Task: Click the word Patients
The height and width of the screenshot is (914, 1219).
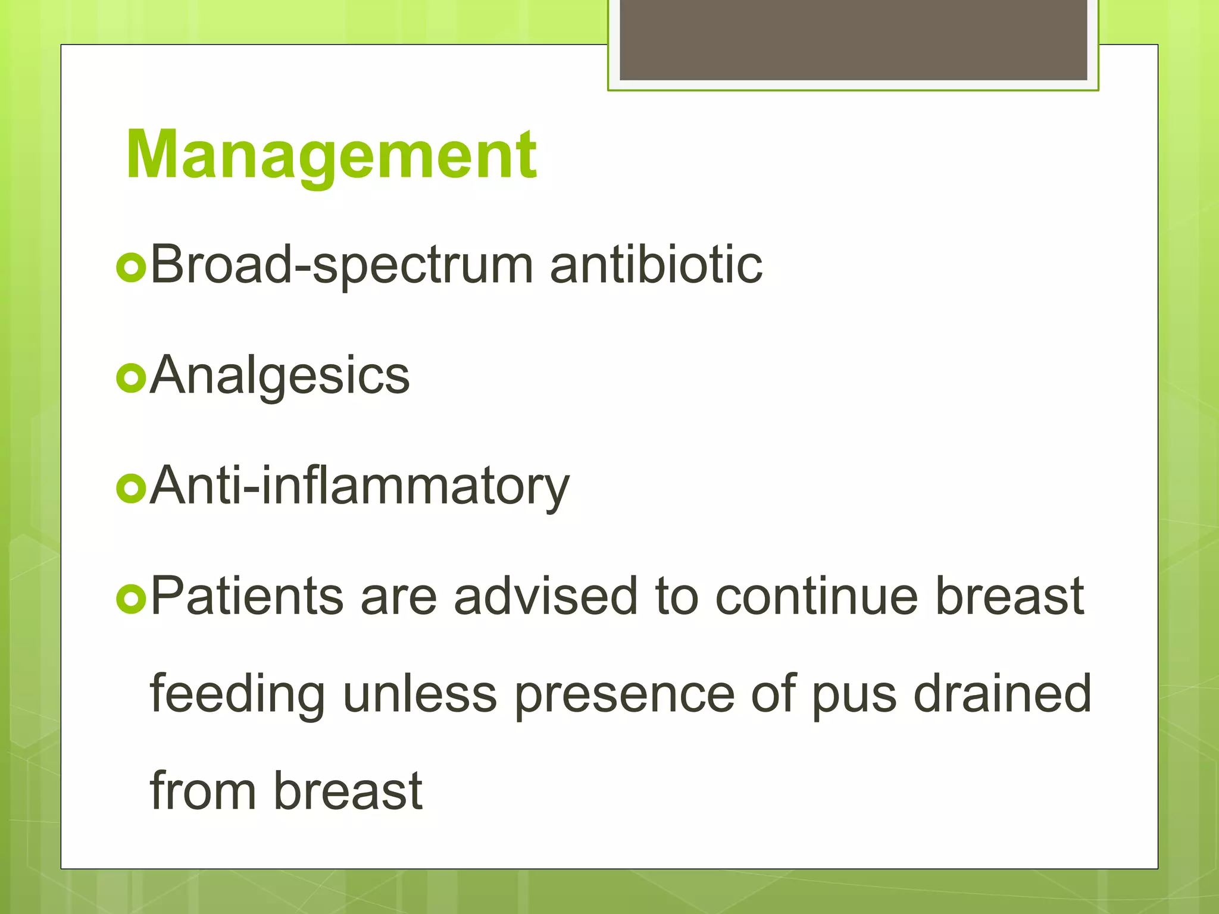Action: click(247, 596)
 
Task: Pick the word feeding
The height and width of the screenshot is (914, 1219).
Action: click(237, 694)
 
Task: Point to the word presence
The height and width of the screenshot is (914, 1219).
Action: click(624, 694)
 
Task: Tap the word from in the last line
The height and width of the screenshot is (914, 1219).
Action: click(203, 791)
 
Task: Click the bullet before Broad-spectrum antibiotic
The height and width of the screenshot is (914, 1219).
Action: click(131, 268)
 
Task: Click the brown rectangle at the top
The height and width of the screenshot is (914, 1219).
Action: click(853, 39)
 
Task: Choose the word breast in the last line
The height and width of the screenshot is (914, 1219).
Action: click(348, 791)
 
